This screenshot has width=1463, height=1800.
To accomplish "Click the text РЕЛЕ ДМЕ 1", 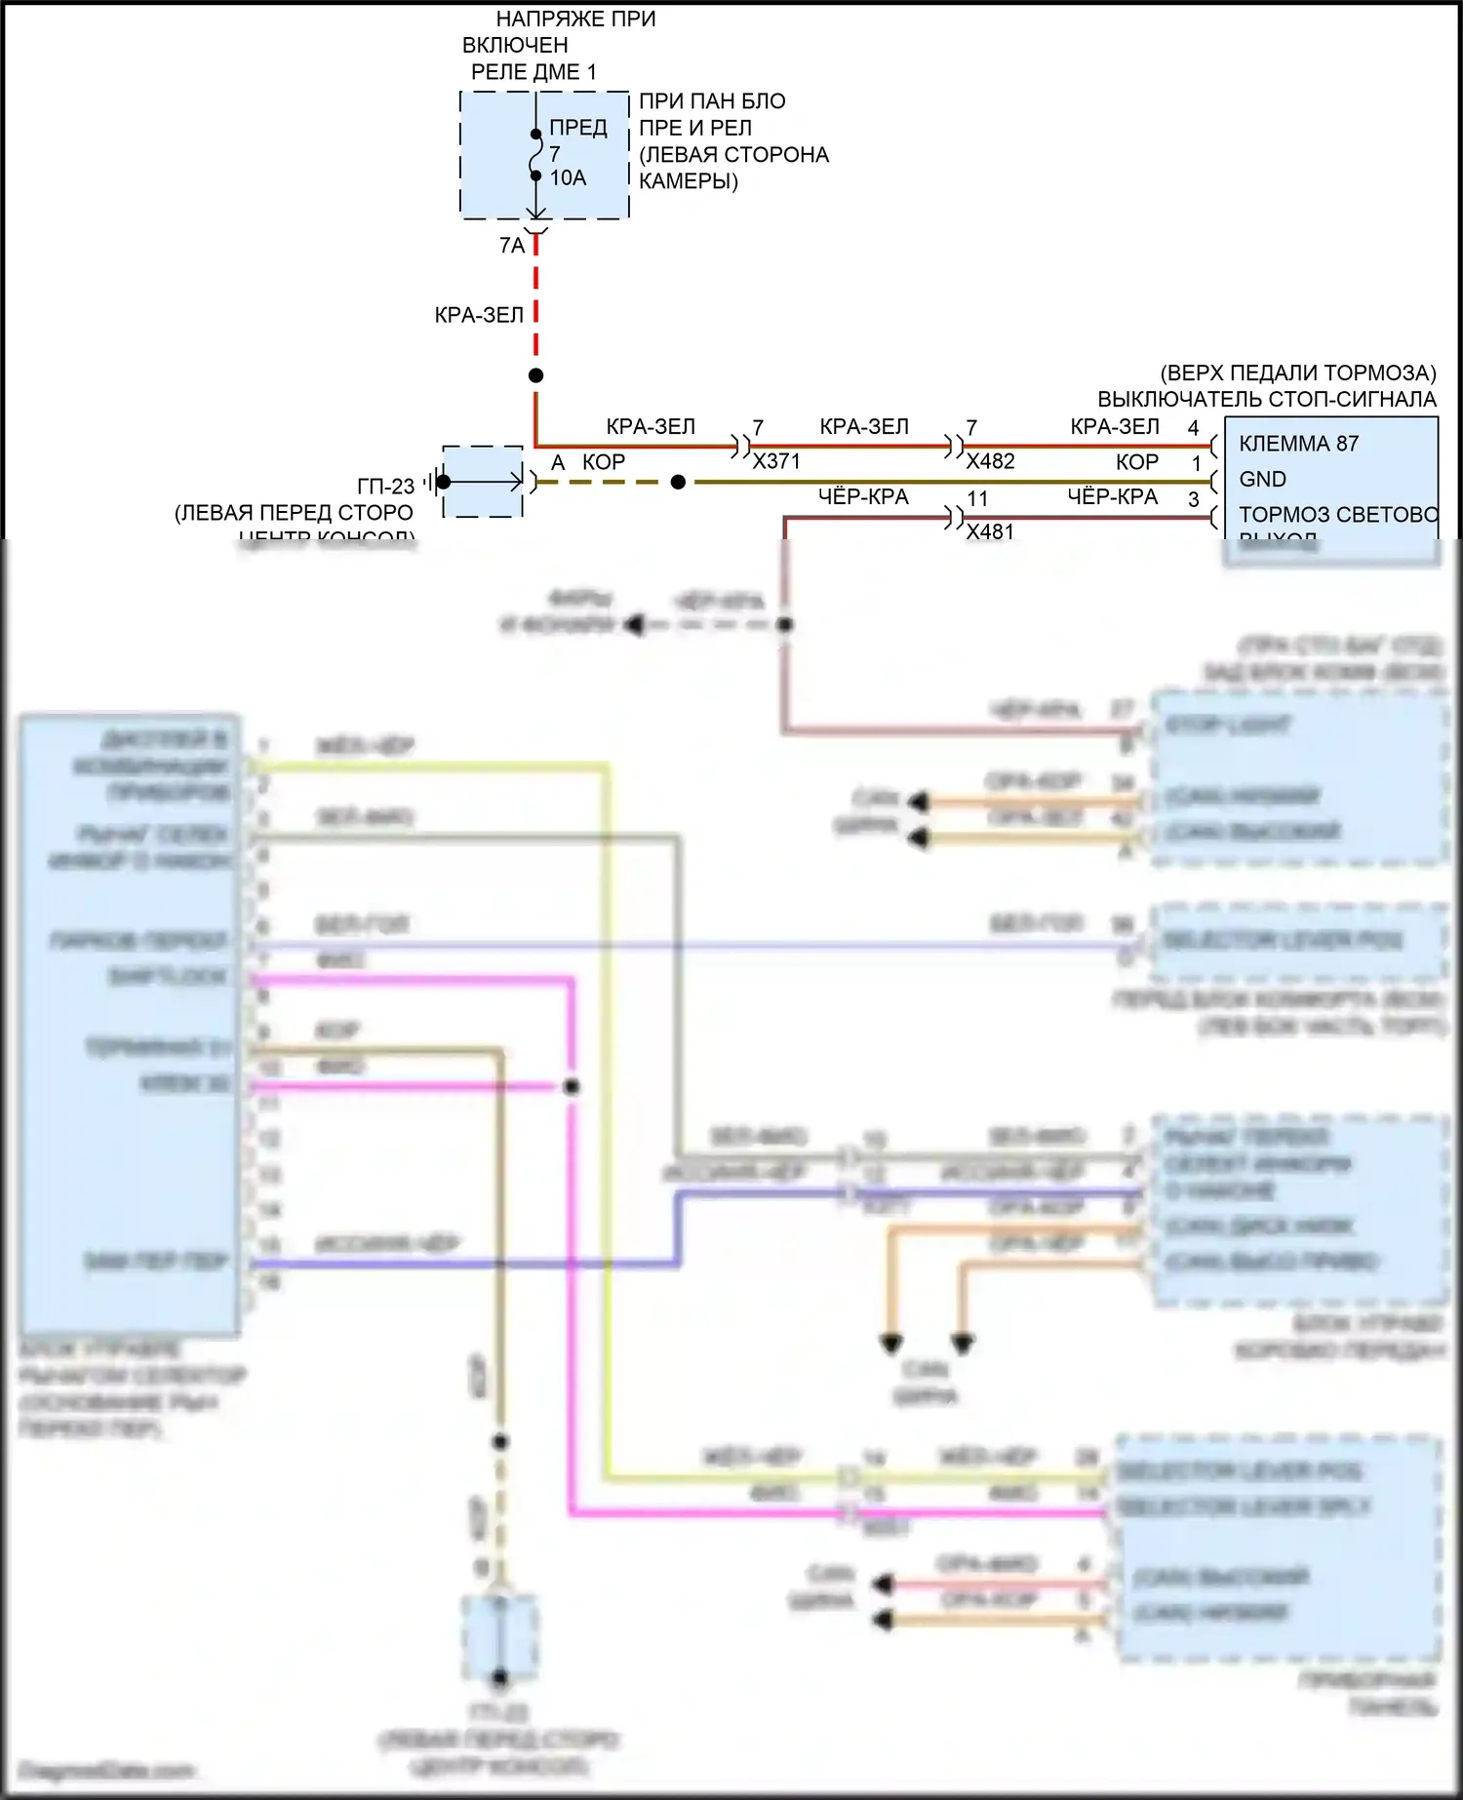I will coord(534,72).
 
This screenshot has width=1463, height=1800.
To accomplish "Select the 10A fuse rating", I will coord(568,177).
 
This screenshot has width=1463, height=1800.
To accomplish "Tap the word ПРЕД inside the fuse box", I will coord(578,128).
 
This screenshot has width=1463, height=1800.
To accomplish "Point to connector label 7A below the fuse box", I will coord(512,246).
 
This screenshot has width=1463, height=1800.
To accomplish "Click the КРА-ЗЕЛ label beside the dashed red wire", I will coord(479,315).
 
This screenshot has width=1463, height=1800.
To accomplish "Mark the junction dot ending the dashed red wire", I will coord(535,375).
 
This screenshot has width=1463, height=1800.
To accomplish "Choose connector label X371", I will coord(776,461).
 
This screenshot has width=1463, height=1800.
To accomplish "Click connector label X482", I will coord(990,461).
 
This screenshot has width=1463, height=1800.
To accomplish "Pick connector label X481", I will coord(990,531).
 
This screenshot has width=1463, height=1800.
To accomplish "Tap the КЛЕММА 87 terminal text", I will coord(1298,444).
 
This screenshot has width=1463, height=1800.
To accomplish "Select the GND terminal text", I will coord(1262,479).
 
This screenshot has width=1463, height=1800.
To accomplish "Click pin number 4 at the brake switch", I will coord(1193,428).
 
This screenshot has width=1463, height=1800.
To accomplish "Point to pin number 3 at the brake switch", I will coord(1193,499).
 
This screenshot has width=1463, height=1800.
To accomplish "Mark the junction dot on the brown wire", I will coord(678,482).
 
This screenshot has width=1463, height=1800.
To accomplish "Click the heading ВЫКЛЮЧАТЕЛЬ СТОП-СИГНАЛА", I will coord(1266,399).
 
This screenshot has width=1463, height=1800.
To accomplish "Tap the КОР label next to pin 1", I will coord(1137,462).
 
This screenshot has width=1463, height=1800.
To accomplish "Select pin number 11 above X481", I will coord(977,498).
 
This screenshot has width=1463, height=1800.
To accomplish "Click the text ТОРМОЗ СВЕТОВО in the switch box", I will coord(1337,515).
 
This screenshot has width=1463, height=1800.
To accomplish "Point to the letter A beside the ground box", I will coord(558,463).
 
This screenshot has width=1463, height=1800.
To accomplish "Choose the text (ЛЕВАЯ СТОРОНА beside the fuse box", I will coord(733,155).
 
